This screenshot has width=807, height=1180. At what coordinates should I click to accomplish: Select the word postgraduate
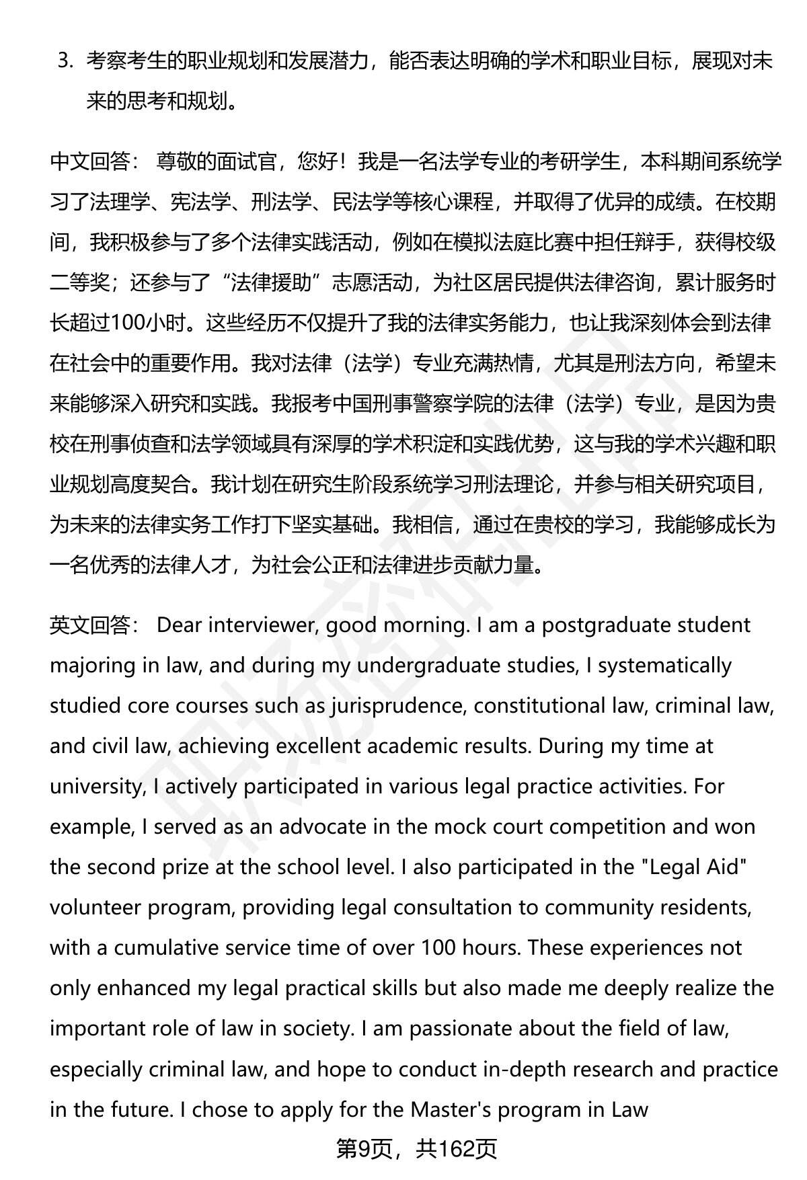click(x=601, y=625)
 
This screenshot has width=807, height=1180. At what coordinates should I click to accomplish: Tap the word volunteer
click(x=94, y=908)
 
